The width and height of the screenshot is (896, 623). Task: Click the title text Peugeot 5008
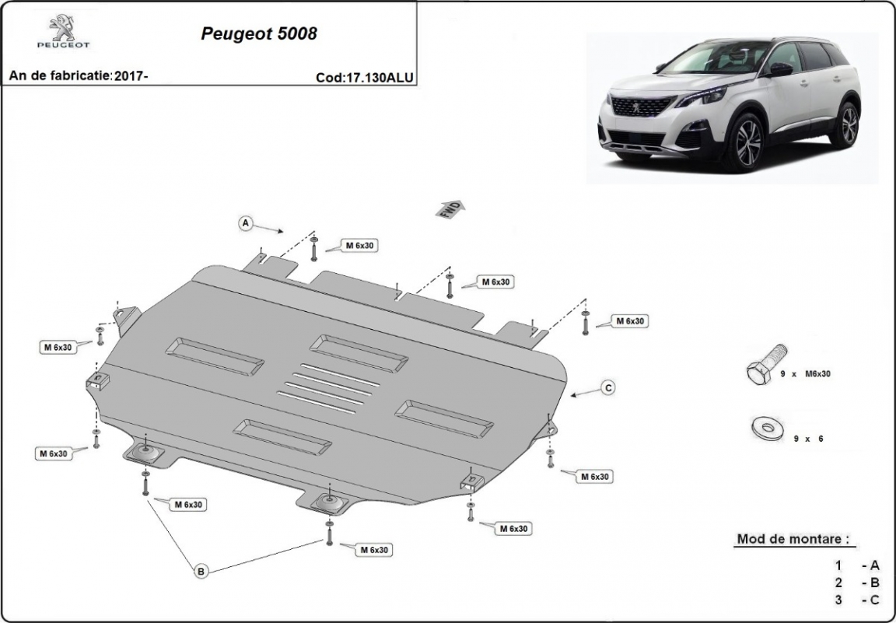point(259,34)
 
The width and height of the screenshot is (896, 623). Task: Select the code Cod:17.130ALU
point(365,78)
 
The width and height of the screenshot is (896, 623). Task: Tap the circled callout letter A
point(245,223)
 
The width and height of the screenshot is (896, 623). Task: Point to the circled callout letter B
point(201,572)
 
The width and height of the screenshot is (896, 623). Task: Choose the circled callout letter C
point(608,387)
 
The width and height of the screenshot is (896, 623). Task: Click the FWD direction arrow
point(452,208)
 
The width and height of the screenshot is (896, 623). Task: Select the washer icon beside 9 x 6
point(768,427)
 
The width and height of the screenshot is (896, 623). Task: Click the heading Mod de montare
point(792,539)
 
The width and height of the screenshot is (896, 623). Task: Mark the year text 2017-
point(131,76)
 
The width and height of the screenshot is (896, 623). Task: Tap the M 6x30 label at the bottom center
point(373,550)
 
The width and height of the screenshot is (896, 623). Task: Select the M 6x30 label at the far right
point(631,320)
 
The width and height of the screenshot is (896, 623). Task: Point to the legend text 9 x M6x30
point(806,374)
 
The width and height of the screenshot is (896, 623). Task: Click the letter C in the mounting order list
point(875,600)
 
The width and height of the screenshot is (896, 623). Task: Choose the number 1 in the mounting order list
point(838,565)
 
